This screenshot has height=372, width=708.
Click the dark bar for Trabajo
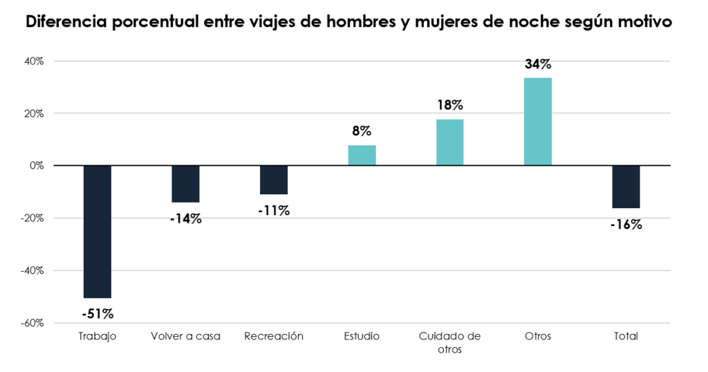[97, 231]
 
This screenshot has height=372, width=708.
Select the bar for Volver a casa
[185, 183]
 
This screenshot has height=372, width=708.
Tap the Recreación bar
[274, 180]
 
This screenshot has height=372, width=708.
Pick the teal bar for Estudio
[362, 155]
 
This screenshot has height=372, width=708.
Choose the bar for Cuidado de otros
[449, 142]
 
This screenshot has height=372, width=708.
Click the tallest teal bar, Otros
[537, 121]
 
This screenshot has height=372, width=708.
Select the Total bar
[626, 186]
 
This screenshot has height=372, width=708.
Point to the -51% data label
[97, 314]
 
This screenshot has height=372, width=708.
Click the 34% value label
[537, 64]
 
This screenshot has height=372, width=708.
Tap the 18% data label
[449, 106]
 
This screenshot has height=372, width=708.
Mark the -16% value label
[626, 224]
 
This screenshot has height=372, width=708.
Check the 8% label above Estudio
[362, 131]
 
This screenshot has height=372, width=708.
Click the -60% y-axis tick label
[33, 323]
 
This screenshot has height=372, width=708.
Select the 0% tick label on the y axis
[37, 165]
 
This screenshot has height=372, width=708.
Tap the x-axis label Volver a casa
[185, 337]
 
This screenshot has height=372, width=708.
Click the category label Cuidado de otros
[449, 342]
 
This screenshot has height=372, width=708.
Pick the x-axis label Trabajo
[97, 337]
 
